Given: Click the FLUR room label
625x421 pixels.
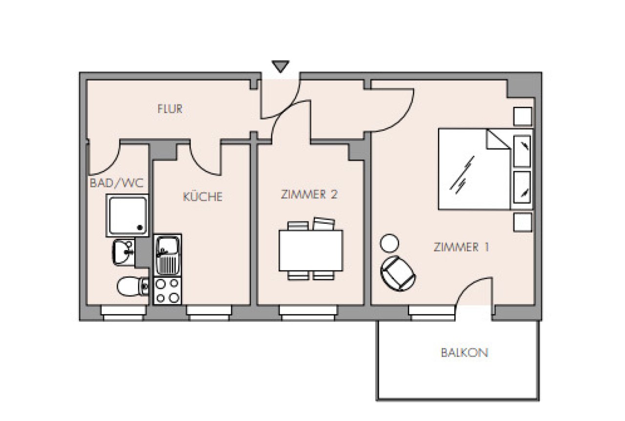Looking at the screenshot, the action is (170, 109).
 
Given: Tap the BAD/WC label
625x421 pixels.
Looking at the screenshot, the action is (117, 184).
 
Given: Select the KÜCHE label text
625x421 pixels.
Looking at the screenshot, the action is (203, 196).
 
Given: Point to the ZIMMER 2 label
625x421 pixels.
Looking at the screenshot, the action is (309, 194).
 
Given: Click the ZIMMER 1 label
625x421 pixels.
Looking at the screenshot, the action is (461, 247).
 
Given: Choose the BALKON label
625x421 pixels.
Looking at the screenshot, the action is (464, 353).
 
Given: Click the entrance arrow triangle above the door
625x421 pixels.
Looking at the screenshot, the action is (280, 66).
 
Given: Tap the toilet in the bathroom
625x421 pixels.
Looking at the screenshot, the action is (133, 286).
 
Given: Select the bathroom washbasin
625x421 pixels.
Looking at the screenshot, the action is (124, 253).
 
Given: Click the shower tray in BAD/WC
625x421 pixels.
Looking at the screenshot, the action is (127, 215).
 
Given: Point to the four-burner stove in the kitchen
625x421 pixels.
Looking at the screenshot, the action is (167, 291).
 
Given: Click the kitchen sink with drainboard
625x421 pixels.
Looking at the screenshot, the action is (167, 255).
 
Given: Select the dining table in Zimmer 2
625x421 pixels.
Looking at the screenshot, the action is (311, 251).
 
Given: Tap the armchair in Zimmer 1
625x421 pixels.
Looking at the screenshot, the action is (398, 274).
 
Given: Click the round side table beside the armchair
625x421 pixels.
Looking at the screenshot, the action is (389, 243).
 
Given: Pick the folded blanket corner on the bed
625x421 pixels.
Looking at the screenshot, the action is (498, 139).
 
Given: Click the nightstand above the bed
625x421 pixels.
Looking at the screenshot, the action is (523, 116).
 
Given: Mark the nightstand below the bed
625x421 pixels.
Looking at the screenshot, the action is (523, 223).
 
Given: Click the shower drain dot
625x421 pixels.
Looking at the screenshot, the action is (140, 228).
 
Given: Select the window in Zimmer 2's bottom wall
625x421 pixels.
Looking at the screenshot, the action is (308, 313).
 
